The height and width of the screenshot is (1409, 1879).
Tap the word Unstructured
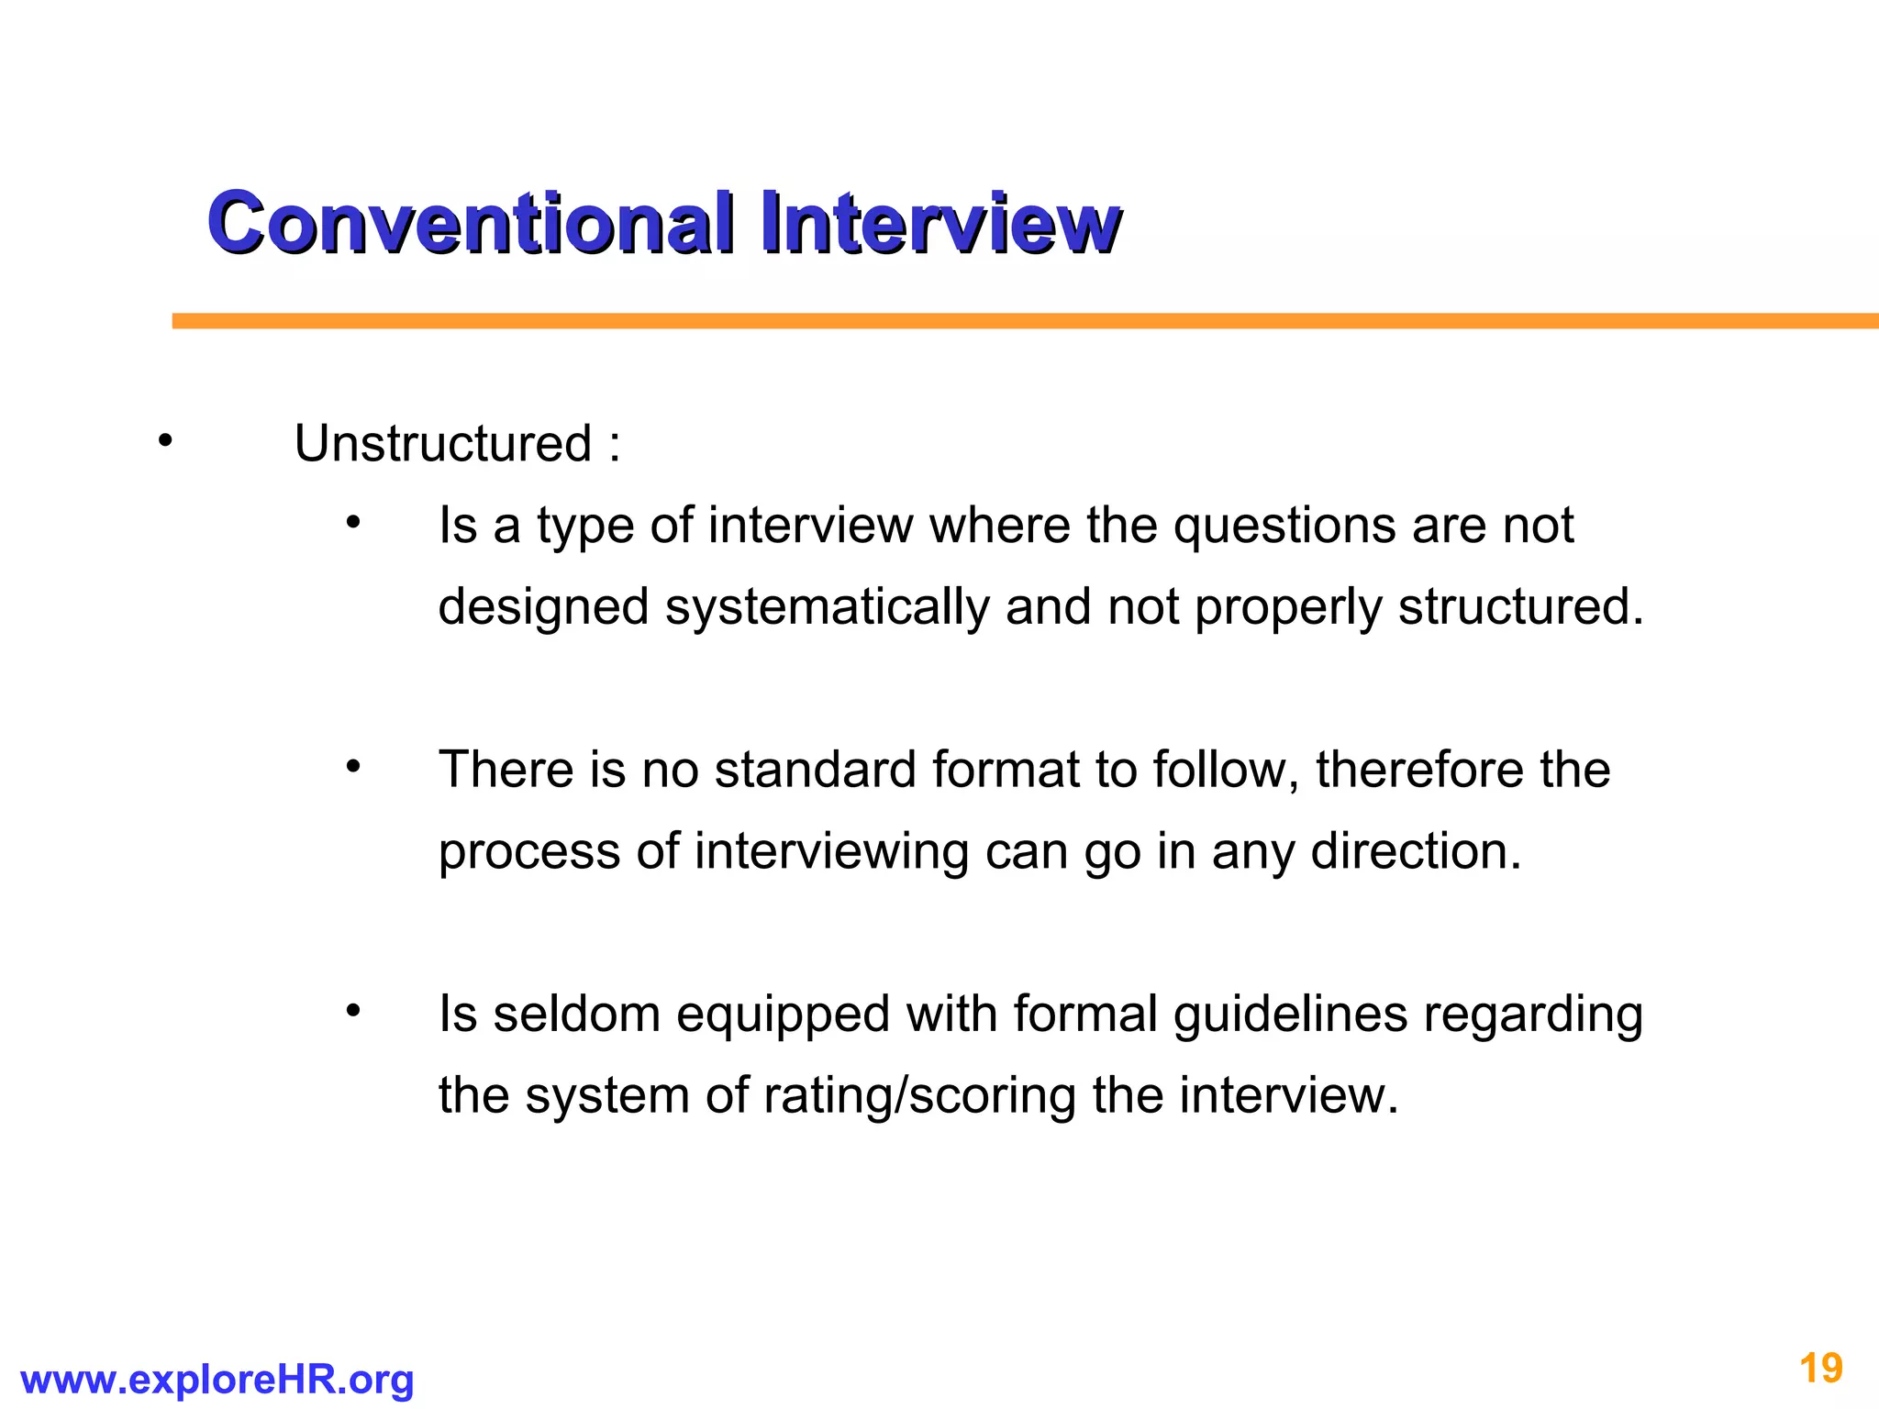pyautogui.click(x=443, y=445)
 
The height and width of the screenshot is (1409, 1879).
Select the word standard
pyautogui.click(x=815, y=770)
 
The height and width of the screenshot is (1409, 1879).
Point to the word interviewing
pyautogui.click(x=831, y=852)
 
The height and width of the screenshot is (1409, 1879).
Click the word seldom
pyautogui.click(x=577, y=1015)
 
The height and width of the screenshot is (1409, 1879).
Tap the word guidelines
pyautogui.click(x=1290, y=1015)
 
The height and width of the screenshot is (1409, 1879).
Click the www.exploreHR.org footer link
pyautogui.click(x=217, y=1380)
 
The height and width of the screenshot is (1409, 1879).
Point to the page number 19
pyautogui.click(x=1821, y=1369)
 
